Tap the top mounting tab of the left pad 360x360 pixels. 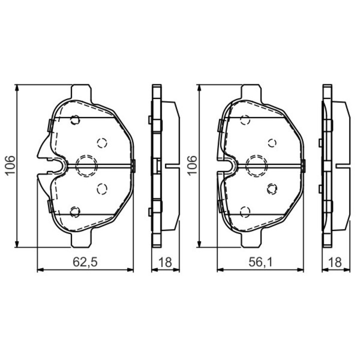(81, 93)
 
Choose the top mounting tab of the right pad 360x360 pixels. (252, 93)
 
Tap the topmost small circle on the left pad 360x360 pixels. (75, 120)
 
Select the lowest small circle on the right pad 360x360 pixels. (244, 211)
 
